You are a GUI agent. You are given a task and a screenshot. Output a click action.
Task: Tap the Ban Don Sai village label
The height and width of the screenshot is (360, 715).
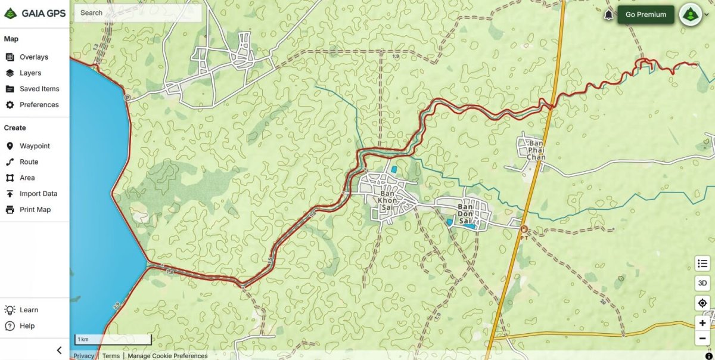[465, 213]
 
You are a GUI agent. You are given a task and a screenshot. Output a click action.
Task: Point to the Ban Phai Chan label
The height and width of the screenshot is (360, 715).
[536, 150]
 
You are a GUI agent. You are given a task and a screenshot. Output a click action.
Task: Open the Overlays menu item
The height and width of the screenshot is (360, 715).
[33, 57]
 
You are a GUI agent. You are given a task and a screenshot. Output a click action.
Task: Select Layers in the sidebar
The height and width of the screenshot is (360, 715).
[30, 73]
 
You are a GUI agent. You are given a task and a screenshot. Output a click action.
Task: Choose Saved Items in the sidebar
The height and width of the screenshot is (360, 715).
[39, 89]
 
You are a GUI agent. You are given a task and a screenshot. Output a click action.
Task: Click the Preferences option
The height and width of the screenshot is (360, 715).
[39, 105]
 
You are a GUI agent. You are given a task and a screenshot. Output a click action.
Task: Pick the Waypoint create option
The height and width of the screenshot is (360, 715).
[35, 146]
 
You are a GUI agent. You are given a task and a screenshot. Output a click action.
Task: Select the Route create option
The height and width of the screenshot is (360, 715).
[29, 162]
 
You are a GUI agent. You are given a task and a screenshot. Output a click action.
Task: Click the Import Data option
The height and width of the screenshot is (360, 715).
[38, 194]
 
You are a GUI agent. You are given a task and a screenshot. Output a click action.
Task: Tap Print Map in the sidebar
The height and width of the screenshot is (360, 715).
[35, 210]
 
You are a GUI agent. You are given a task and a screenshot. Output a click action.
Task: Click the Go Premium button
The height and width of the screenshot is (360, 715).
[645, 15]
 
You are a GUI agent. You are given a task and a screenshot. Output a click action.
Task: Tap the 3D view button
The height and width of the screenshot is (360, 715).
[702, 283]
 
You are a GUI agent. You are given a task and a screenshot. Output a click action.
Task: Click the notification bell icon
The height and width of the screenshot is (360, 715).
[608, 15]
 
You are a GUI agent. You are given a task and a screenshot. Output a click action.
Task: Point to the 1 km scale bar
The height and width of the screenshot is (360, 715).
[113, 340]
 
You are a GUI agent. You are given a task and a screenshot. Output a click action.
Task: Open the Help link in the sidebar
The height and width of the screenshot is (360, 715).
[27, 326]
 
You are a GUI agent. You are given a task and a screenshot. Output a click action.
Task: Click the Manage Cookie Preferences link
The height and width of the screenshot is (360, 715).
[167, 356]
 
